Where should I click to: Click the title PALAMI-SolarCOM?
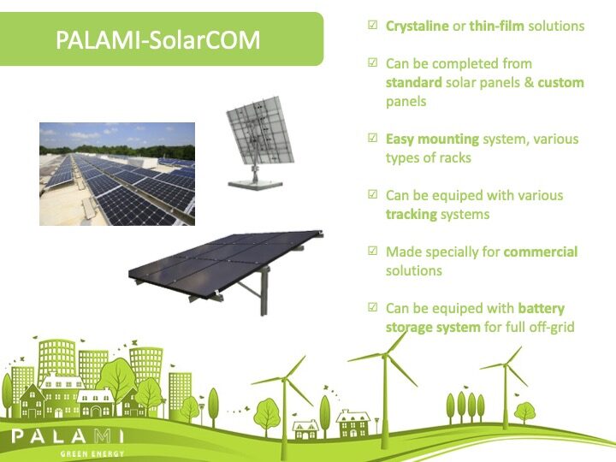[x=158, y=39]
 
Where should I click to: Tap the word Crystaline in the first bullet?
[x=418, y=26]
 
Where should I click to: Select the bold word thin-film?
[x=496, y=26]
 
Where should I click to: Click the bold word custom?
[x=560, y=82]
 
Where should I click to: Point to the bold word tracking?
[x=412, y=215]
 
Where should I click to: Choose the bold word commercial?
[x=541, y=252]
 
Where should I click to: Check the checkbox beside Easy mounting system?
[x=372, y=138]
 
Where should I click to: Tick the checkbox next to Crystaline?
[x=372, y=25]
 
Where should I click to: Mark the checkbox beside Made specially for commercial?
[x=372, y=250]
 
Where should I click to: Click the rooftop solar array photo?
[x=117, y=174]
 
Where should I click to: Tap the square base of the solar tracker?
[x=255, y=184]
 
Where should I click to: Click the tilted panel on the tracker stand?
[x=260, y=130]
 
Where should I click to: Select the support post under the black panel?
[x=264, y=291]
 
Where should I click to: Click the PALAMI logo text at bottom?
[x=68, y=436]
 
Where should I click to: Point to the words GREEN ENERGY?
[x=92, y=454]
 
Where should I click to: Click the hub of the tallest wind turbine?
[x=385, y=355]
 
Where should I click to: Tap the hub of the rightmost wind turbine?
[x=506, y=365]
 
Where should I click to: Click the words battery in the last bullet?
[x=542, y=309]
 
